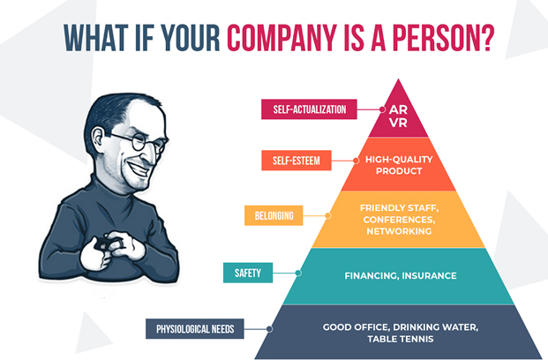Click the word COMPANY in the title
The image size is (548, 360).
click(282, 37)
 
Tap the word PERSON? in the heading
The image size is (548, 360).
click(444, 37)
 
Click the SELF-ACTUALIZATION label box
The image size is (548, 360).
click(310, 109)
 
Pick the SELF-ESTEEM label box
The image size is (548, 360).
click(297, 161)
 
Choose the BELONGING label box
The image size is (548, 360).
click(274, 215)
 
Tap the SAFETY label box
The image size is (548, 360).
click(248, 273)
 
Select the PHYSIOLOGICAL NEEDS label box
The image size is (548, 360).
click(195, 329)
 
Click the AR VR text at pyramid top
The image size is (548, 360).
click(398, 116)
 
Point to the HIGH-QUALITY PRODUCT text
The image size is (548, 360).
click(399, 165)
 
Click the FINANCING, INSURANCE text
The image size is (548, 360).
click(401, 276)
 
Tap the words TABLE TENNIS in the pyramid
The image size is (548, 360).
click(401, 339)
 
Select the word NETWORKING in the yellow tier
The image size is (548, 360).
click(399, 231)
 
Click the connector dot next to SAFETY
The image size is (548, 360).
click(298, 273)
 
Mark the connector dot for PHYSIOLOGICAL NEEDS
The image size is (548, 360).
click(269, 329)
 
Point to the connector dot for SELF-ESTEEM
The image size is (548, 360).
click(356, 161)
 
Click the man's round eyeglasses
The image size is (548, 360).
click(141, 142)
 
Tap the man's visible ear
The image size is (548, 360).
click(99, 139)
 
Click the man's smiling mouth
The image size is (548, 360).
click(139, 169)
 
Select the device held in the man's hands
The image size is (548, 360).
click(105, 244)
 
